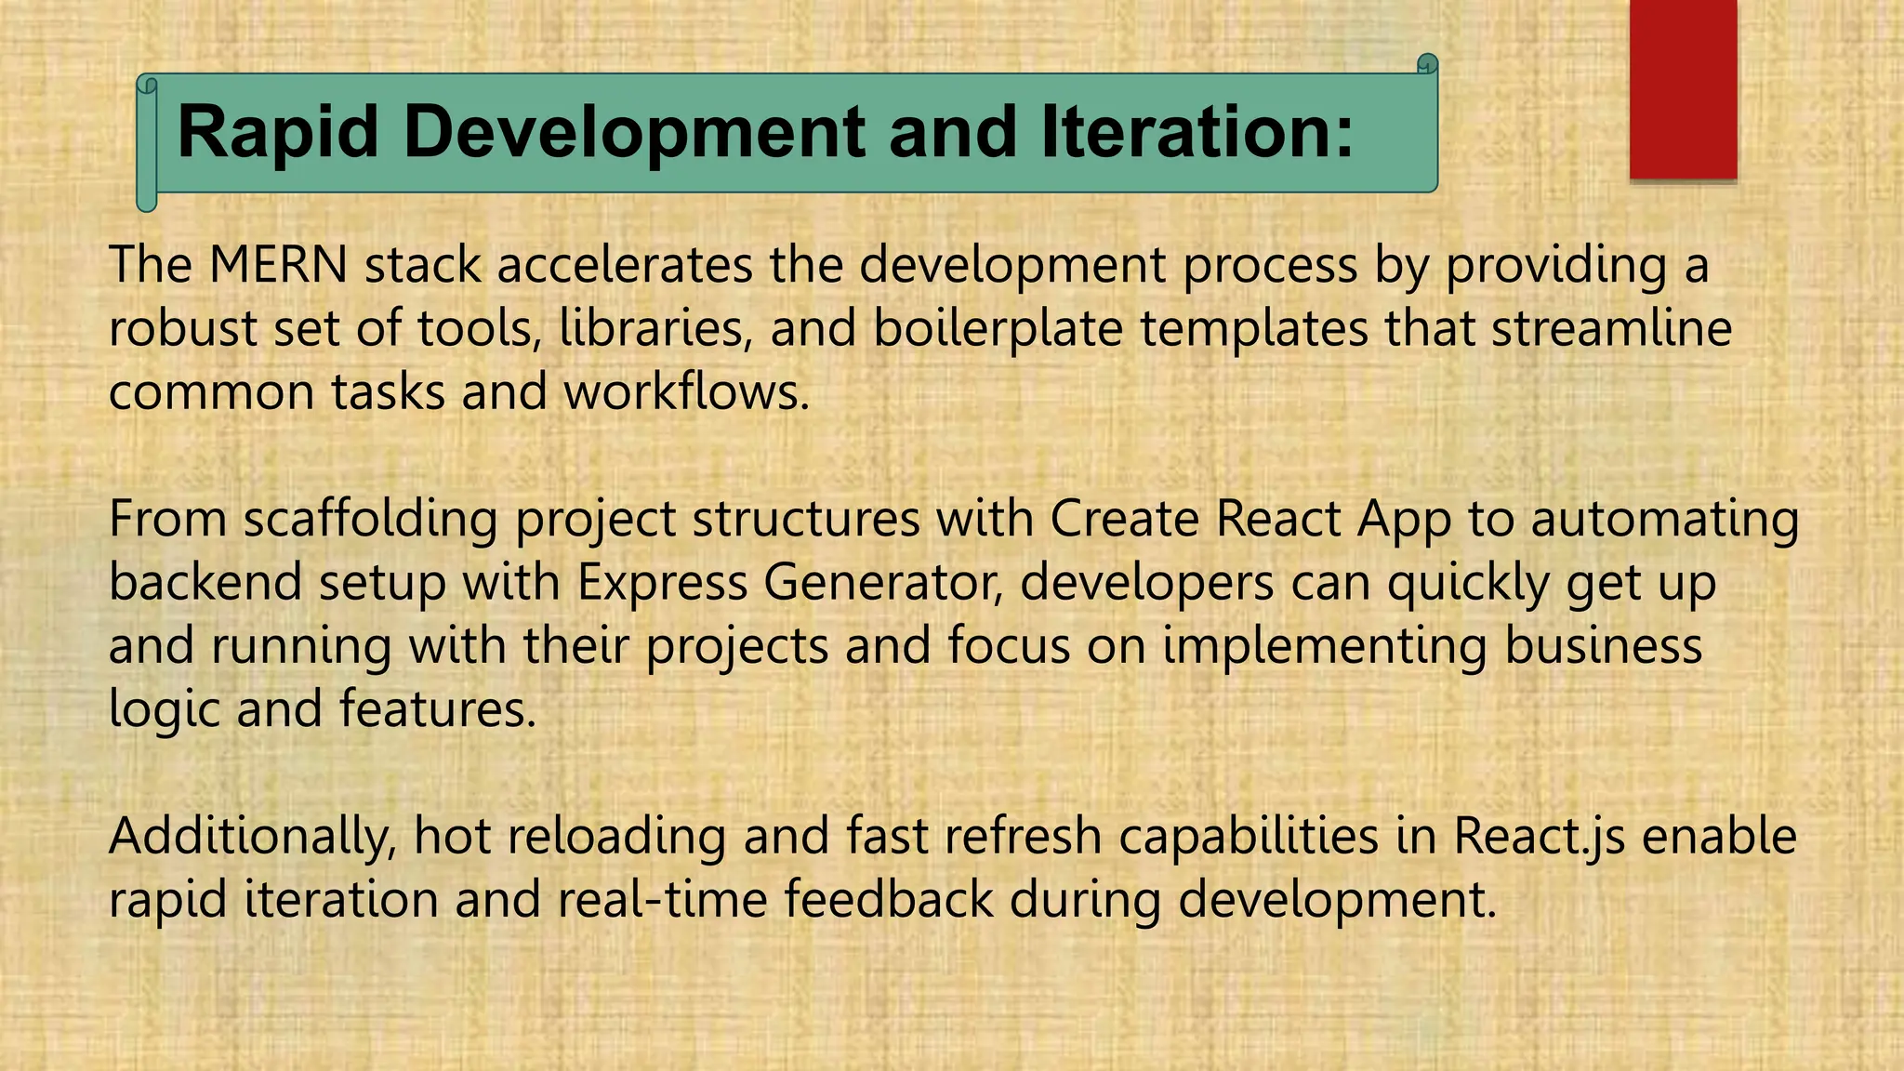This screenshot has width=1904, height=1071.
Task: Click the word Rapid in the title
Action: pos(277,132)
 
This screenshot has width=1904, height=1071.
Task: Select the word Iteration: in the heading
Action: pos(1197,132)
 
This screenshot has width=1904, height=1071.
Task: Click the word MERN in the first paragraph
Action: pos(278,265)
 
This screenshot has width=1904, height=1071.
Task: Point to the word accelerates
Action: pos(625,265)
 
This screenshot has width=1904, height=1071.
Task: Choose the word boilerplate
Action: pos(998,328)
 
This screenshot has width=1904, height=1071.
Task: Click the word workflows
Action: pos(686,391)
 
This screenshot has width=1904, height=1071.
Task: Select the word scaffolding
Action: pos(370,519)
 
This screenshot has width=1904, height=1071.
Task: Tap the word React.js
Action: pos(1539,837)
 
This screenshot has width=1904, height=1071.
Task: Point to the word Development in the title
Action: pos(635,132)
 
